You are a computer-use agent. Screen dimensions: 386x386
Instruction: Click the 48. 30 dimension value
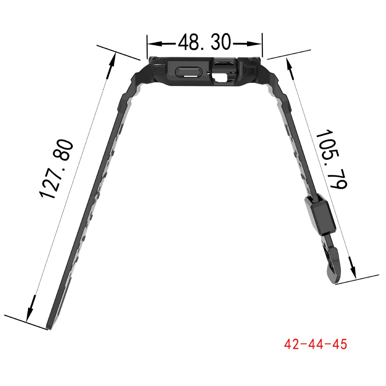[204, 42]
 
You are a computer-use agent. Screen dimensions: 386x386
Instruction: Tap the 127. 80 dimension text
[56, 169]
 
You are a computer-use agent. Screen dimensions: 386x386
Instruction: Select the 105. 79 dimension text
[332, 159]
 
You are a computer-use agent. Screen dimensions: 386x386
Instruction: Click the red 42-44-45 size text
[316, 344]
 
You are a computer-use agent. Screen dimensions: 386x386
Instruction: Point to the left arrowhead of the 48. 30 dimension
[155, 44]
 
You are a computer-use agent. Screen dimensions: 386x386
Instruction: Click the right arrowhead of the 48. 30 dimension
[254, 44]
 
